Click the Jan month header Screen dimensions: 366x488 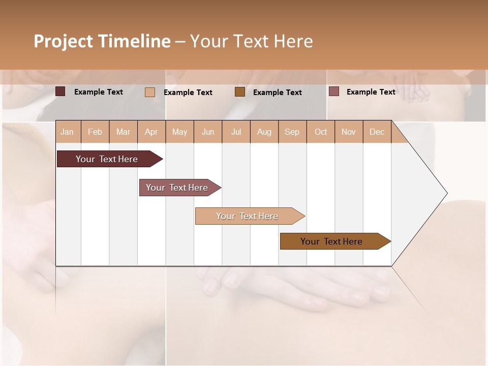(67, 132)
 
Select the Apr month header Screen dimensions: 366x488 (151, 132)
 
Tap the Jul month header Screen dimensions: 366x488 (236, 132)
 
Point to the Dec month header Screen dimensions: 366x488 (377, 132)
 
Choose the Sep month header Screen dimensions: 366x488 (292, 132)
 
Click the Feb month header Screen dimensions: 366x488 (95, 132)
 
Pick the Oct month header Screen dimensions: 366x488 (321, 132)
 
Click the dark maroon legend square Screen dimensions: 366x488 (60, 91)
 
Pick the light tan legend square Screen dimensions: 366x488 (150, 92)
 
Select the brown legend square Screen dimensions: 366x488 (240, 92)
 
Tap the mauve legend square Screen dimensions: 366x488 (334, 91)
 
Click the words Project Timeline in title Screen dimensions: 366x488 (102, 41)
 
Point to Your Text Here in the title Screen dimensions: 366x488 (251, 41)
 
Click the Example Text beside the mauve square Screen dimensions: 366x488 (371, 92)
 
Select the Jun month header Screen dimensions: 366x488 (208, 132)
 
